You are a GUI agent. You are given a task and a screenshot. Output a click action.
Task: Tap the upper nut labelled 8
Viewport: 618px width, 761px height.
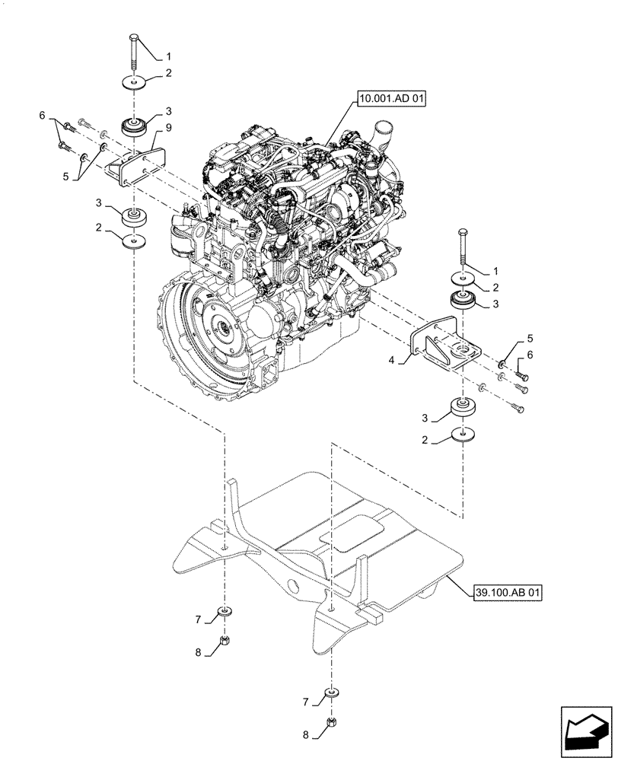225,641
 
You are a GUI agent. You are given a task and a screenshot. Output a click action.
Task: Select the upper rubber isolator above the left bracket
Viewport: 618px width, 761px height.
134,126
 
